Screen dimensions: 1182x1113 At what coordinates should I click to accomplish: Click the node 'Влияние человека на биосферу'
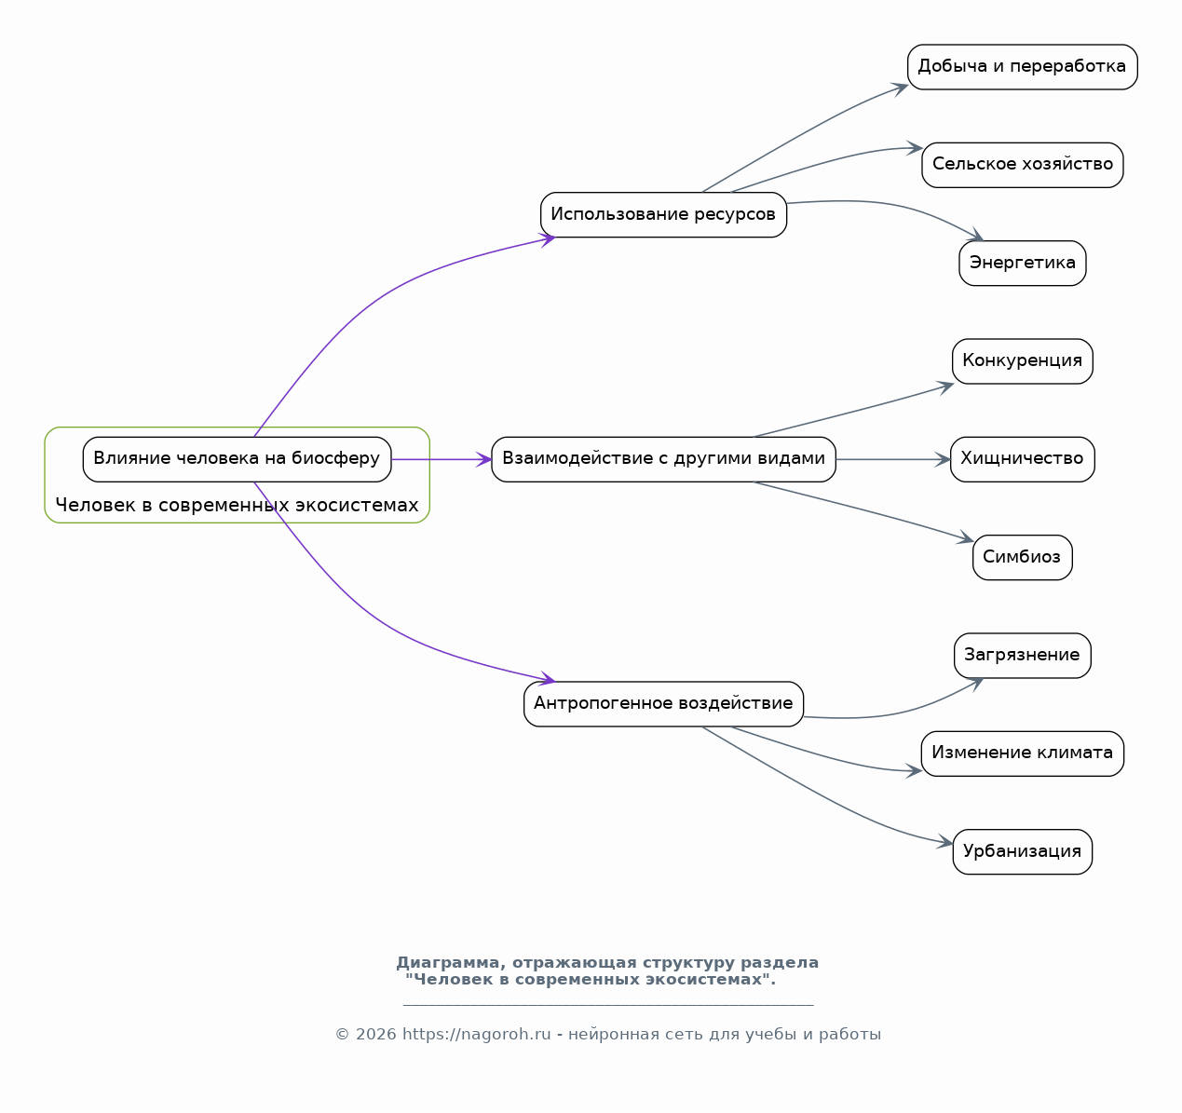click(x=237, y=459)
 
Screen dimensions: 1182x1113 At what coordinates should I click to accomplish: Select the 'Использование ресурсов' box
click(x=663, y=215)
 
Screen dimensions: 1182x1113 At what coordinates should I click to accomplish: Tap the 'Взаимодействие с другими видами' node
click(x=663, y=459)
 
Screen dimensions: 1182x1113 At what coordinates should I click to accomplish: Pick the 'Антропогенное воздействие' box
click(x=663, y=704)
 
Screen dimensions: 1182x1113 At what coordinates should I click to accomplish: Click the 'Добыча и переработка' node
click(x=1023, y=67)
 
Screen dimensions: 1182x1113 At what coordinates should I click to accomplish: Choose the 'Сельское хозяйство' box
click(x=1023, y=165)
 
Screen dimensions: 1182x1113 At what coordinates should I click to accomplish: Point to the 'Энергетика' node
click(x=1023, y=263)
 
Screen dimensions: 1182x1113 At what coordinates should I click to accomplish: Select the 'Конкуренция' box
click(x=1023, y=361)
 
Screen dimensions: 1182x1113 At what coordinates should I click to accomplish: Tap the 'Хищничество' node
click(x=1023, y=459)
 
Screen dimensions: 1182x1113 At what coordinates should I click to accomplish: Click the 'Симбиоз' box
click(x=1023, y=558)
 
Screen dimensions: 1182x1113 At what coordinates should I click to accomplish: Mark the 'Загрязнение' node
click(x=1023, y=656)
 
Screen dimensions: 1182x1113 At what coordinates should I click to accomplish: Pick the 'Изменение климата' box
click(x=1023, y=753)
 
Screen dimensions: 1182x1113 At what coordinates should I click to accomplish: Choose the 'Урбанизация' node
click(x=1023, y=851)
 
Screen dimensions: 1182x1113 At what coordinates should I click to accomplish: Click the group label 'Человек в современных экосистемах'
click(x=237, y=506)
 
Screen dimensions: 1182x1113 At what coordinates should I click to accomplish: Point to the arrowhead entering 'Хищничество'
click(x=943, y=459)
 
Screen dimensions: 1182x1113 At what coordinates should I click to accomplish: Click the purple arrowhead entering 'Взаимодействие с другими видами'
click(x=483, y=459)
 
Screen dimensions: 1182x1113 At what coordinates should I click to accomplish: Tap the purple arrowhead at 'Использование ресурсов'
click(x=548, y=239)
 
